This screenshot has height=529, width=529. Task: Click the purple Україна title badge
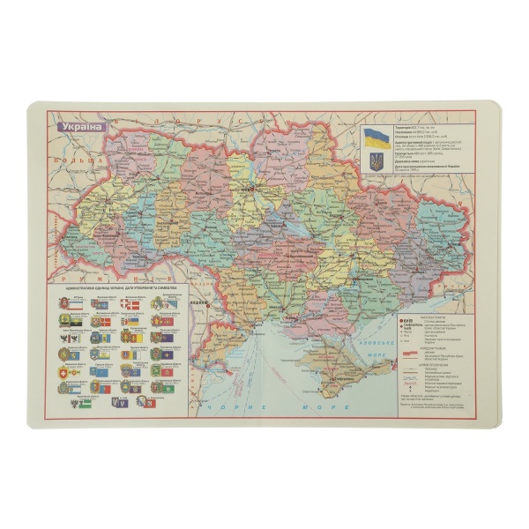pos(80,125)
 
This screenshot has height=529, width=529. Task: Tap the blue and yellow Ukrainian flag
pos(377,136)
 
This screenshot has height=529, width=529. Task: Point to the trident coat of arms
pos(377,161)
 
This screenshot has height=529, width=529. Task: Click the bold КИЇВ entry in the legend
pos(407,321)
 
